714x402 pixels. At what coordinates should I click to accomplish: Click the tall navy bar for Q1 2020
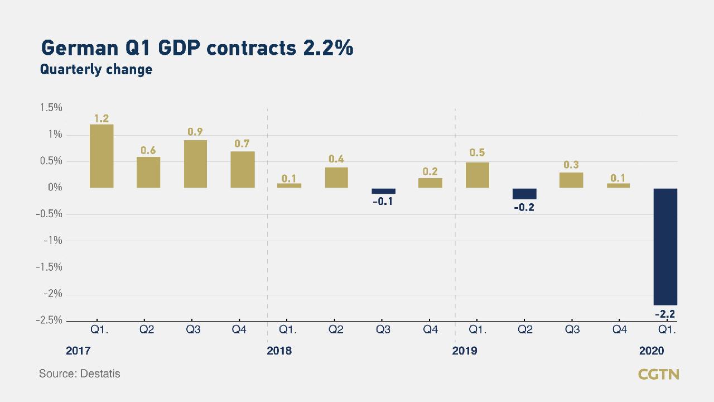click(x=665, y=246)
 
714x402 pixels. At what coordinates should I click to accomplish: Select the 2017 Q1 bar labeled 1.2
click(x=101, y=156)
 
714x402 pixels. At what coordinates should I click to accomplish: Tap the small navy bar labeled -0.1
click(x=383, y=191)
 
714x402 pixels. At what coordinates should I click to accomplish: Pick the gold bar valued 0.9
click(x=195, y=164)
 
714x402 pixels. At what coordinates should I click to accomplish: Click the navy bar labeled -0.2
click(x=524, y=194)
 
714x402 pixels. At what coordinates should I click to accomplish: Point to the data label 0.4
click(x=336, y=159)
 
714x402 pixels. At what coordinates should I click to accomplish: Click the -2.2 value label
click(x=665, y=314)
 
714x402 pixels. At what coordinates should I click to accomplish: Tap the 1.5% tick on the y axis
click(x=51, y=108)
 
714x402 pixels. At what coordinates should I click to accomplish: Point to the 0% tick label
click(x=55, y=188)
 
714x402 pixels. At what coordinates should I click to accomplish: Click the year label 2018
click(x=279, y=351)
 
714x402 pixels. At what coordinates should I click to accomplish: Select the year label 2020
click(x=652, y=351)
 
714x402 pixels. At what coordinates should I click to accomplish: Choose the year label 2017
click(x=78, y=351)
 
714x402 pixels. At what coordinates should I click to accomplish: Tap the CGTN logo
click(x=658, y=374)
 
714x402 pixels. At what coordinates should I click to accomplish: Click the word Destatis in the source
click(x=100, y=374)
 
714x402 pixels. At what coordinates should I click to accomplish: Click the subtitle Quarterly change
click(x=96, y=70)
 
